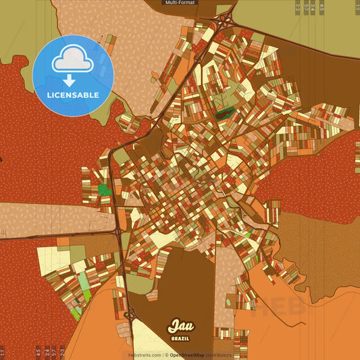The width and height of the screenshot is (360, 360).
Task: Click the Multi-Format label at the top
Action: click(180, 3)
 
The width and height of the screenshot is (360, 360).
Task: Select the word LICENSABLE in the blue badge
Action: click(73, 95)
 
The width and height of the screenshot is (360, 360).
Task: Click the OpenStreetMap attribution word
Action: click(188, 355)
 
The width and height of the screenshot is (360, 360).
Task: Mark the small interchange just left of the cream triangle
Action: click(130, 313)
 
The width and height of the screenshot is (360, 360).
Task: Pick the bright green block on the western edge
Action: click(104, 191)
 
